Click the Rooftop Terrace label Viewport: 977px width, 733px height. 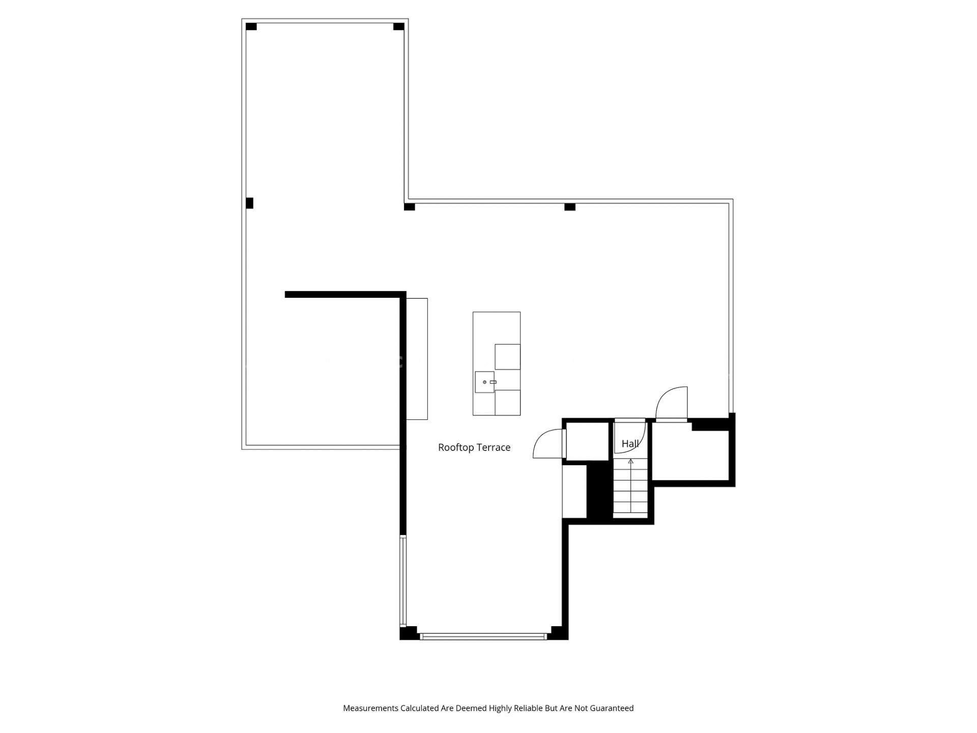pos(474,447)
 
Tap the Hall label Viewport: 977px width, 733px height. pos(630,444)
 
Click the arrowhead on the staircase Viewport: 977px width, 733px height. pos(631,461)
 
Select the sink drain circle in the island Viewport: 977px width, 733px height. pos(484,382)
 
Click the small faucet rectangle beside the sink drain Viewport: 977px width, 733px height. pos(493,382)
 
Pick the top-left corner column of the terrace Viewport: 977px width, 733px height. pos(251,26)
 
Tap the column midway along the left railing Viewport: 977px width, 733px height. pos(249,203)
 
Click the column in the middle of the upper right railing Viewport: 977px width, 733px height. pos(570,207)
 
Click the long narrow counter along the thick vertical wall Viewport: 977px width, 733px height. pos(417,359)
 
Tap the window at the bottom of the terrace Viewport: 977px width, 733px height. pos(483,636)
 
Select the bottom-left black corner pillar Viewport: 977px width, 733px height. pos(408,633)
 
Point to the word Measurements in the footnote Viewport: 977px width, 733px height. pos(370,708)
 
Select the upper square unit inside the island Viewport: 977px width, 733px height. pos(507,357)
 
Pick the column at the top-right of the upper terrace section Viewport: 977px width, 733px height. pos(399,26)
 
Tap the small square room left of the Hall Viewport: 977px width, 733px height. pos(588,441)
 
